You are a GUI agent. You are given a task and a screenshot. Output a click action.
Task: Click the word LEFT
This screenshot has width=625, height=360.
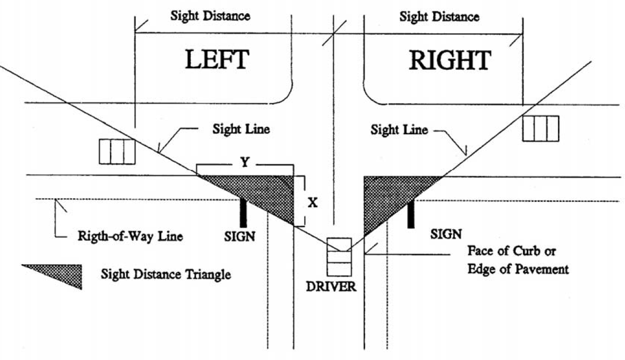click(x=217, y=60)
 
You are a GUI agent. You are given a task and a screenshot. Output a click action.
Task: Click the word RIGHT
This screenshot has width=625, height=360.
click(x=450, y=61)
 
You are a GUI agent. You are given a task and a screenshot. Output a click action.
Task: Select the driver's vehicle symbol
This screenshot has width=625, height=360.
click(x=338, y=257)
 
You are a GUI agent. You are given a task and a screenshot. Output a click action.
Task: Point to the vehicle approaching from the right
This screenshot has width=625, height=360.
click(x=540, y=128)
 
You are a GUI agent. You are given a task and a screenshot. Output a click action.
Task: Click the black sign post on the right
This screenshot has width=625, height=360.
click(x=411, y=214)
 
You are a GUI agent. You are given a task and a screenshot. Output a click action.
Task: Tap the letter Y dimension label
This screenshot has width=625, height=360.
click(x=245, y=163)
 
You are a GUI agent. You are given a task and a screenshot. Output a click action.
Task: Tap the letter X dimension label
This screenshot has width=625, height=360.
click(x=313, y=202)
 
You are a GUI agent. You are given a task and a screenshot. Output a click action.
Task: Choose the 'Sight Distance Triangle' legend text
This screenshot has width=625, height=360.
click(x=166, y=275)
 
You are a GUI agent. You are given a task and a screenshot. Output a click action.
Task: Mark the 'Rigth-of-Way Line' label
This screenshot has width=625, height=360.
click(x=126, y=236)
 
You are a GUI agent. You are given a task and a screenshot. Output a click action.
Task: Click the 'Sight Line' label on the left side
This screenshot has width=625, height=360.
click(x=241, y=129)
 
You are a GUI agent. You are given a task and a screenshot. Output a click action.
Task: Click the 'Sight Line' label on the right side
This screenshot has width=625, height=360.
click(x=399, y=130)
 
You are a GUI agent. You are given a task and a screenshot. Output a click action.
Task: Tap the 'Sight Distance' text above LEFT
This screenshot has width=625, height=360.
click(x=210, y=15)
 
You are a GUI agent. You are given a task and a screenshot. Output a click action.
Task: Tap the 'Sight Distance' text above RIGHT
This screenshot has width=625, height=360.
click(x=440, y=16)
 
